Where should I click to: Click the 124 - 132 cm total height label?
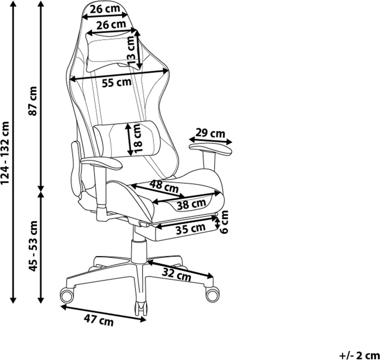5,152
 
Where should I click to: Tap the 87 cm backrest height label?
32,101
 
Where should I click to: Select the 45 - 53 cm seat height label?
33,246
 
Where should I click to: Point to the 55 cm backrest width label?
117,82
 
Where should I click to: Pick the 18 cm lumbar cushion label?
137,138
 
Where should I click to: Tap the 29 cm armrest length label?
211,133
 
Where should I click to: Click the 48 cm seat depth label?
164,186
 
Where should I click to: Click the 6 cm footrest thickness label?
225,222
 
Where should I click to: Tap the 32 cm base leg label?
177,275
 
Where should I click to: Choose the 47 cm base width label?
99,320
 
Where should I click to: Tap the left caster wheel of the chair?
66,295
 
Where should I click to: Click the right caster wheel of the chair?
212,294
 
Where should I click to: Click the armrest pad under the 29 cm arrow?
211,149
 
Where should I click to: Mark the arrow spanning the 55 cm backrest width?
119,75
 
